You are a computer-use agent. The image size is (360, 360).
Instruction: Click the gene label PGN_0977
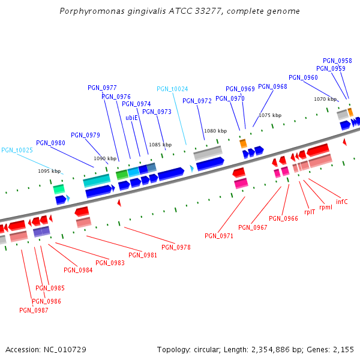point(102,88)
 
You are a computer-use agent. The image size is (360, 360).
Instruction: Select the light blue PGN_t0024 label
point(172,89)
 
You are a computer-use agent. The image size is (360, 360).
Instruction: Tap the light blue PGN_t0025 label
point(17,150)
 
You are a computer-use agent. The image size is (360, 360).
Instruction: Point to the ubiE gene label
point(132,118)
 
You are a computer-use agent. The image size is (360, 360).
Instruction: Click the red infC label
point(342,202)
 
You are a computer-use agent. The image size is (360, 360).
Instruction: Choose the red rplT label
point(310,211)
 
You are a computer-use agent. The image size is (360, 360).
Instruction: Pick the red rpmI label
point(326,207)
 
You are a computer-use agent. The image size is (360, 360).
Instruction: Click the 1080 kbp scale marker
point(215,131)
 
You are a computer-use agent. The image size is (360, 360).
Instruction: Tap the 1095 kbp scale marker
point(49,171)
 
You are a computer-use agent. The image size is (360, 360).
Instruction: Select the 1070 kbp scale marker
point(325,99)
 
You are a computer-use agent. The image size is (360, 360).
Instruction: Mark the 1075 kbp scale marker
point(270,115)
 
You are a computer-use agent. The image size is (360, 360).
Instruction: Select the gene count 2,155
point(343,349)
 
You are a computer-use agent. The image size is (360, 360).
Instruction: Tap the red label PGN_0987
point(34,310)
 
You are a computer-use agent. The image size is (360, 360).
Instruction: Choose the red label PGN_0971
point(219,236)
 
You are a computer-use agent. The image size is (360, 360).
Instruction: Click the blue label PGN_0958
point(337,61)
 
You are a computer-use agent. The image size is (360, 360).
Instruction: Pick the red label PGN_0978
point(176,247)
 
